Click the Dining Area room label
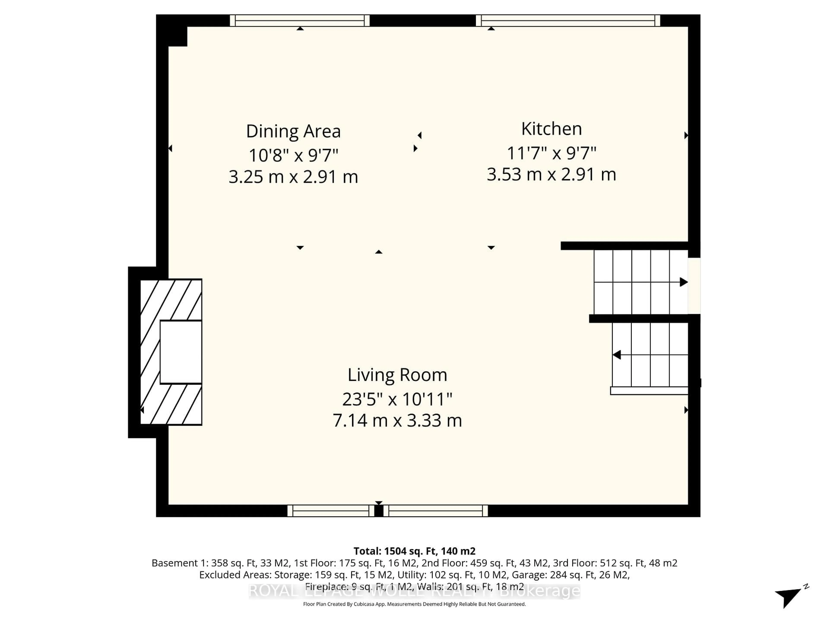(293, 131)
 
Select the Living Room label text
(397, 375)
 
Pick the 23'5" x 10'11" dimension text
(397, 399)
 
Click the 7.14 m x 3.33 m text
(397, 421)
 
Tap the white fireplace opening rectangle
(181, 352)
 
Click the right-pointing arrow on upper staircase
(683, 282)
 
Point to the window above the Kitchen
(568, 20)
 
